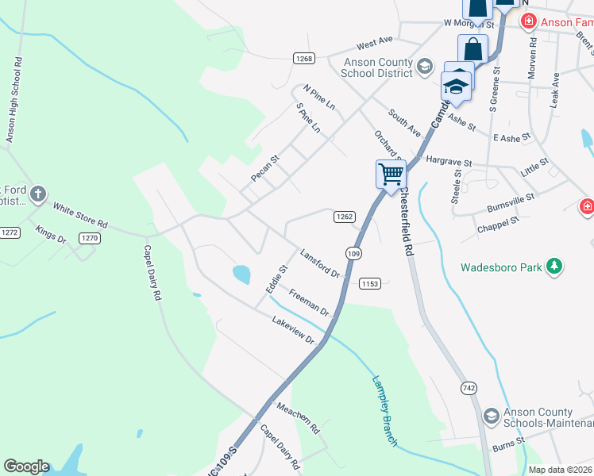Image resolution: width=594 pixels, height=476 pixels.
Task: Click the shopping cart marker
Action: (391, 174)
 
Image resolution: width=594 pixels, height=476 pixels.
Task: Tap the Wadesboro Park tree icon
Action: (556, 267)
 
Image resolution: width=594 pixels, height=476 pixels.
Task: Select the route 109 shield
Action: (354, 252)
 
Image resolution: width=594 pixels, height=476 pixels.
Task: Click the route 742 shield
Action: (469, 387)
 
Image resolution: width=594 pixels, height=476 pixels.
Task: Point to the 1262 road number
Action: (343, 216)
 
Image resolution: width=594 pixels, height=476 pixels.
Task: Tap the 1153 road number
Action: (370, 283)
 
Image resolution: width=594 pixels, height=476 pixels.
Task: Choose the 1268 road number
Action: (304, 58)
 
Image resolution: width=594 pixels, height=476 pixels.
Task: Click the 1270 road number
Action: (89, 237)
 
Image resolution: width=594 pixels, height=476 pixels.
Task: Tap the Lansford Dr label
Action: (319, 263)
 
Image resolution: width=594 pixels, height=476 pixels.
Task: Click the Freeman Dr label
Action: (308, 302)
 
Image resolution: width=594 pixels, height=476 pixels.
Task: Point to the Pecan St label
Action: (265, 168)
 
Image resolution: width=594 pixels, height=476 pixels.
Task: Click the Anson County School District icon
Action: (425, 66)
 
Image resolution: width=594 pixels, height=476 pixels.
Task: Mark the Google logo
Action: (26, 466)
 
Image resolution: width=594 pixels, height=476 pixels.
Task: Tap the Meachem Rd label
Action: (298, 417)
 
